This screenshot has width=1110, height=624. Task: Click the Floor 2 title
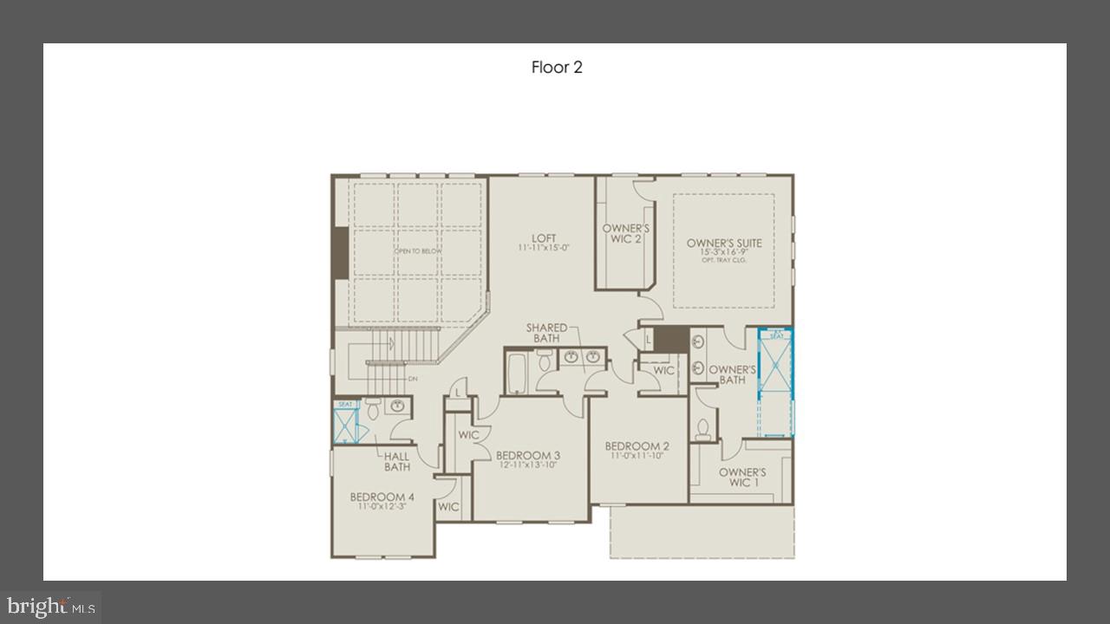pos(557,68)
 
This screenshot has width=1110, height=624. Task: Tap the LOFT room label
pos(544,239)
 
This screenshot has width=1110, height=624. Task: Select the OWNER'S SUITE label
pos(724,243)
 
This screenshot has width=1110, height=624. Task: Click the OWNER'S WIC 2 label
pos(625,233)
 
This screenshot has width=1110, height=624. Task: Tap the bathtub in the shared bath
pos(519,373)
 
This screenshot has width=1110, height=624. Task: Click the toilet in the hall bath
pos(373,408)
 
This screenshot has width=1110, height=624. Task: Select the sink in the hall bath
pos(398,406)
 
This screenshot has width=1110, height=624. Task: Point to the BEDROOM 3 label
pos(527,455)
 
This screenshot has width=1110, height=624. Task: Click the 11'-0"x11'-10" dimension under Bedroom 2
pos(637,456)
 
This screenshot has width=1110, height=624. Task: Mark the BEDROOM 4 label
pos(382,497)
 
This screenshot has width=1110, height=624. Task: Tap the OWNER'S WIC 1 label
pos(741,478)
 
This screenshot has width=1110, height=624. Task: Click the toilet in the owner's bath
pos(703,429)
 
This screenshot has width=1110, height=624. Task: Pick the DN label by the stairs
pos(413,379)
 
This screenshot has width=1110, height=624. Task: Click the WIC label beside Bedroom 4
pos(448,507)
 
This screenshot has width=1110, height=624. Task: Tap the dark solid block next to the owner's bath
pos(669,339)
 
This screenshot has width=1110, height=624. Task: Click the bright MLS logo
pos(50,606)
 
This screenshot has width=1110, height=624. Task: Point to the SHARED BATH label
pos(546,333)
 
